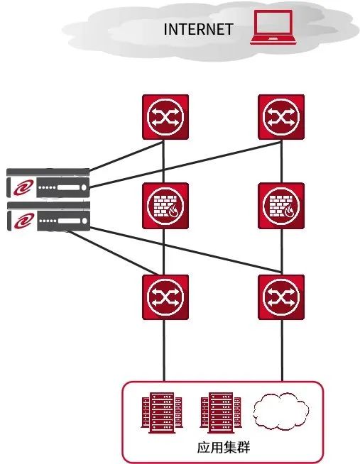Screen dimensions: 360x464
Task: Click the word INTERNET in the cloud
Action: point(198,29)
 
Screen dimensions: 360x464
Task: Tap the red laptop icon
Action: point(273,27)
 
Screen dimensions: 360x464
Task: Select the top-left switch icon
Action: point(165,117)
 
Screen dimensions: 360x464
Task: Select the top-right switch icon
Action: point(281,117)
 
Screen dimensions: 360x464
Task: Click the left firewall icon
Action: point(165,206)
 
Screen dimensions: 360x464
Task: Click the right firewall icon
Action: point(281,206)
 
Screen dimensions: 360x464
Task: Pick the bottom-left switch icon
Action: point(165,297)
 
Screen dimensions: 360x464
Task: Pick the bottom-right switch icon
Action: point(281,297)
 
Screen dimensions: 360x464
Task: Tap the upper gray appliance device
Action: point(48,183)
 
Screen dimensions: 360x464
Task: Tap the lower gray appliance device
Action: point(48,216)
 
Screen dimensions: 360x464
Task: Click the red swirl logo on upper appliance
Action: point(23,188)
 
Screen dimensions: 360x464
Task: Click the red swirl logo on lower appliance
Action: point(23,221)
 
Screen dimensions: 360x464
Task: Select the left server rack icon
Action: point(162,413)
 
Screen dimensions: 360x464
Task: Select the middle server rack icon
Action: point(221,413)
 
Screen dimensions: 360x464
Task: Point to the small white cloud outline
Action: point(280,411)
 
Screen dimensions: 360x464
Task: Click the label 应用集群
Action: point(224,447)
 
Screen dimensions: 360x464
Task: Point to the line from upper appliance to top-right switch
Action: point(185,165)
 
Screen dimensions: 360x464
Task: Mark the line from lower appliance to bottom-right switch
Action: point(185,250)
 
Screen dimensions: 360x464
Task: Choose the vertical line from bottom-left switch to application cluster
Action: point(164,350)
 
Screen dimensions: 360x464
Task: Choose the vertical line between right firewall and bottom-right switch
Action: point(282,252)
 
